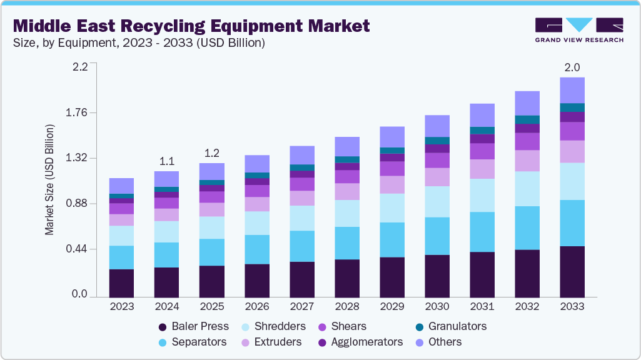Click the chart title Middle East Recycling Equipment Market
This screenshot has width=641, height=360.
tap(191, 26)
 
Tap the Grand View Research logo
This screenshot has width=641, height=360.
tap(578, 29)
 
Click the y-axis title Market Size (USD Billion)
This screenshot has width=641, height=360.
tap(49, 180)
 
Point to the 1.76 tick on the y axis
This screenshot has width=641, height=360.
tap(77, 113)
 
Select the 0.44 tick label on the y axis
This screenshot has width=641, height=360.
tap(77, 249)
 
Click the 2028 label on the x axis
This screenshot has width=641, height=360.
tap(347, 307)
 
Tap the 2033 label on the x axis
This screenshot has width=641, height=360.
tap(572, 307)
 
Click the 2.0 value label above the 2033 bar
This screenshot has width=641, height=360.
tap(572, 67)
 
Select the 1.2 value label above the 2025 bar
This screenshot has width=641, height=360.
tap(212, 153)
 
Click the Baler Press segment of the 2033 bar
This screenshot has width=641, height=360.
tap(572, 271)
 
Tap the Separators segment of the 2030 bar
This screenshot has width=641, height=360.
tap(437, 236)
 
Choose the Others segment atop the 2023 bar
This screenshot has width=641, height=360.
tap(122, 186)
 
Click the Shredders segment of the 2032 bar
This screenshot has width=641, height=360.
tap(527, 189)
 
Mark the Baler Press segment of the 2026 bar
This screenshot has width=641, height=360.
tap(257, 280)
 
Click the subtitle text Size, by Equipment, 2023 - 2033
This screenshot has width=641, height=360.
tap(139, 43)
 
